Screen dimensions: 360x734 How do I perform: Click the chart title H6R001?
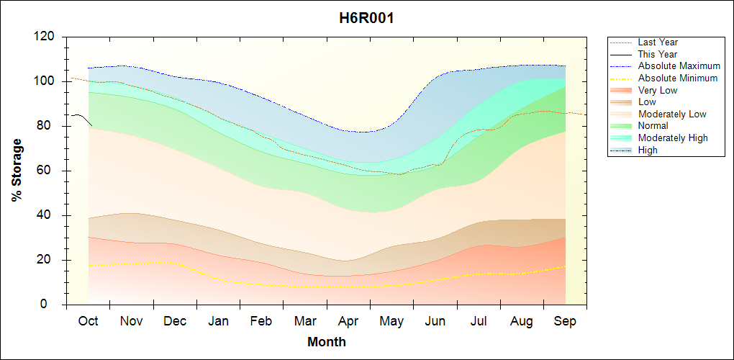(x=366, y=18)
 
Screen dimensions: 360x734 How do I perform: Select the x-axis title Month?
(x=326, y=342)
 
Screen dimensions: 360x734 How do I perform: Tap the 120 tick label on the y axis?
(x=45, y=37)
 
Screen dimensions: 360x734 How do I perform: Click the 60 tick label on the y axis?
(x=48, y=171)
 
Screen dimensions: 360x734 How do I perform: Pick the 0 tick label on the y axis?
(x=51, y=305)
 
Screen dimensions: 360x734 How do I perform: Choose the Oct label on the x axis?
(x=89, y=321)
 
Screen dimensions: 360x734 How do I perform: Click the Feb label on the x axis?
(x=261, y=321)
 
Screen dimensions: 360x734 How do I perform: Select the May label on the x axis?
(x=391, y=321)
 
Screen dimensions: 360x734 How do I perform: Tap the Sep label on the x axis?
(x=565, y=321)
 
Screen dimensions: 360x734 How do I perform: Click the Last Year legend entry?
(x=658, y=42)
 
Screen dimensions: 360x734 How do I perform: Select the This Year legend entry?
(x=657, y=54)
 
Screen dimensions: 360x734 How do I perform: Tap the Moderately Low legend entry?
(x=672, y=114)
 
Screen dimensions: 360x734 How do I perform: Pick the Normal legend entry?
(x=653, y=126)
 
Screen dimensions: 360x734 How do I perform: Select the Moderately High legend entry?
(x=673, y=138)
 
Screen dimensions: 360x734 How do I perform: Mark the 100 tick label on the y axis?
(x=45, y=81)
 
